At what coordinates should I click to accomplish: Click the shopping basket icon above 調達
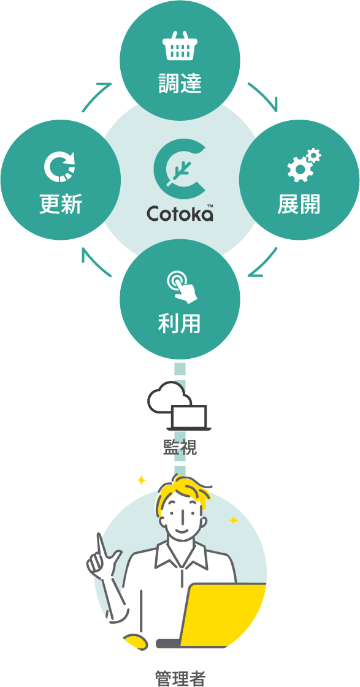tap(180, 45)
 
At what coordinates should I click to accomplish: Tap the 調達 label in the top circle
tap(180, 83)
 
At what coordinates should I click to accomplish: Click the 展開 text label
tap(299, 204)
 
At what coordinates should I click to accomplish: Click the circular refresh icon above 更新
tap(60, 165)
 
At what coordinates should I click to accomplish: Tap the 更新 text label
tap(61, 204)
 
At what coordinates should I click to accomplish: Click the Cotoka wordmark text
tap(180, 213)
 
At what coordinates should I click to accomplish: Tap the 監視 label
tap(180, 447)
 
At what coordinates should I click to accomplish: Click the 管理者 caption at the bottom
tap(180, 678)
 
